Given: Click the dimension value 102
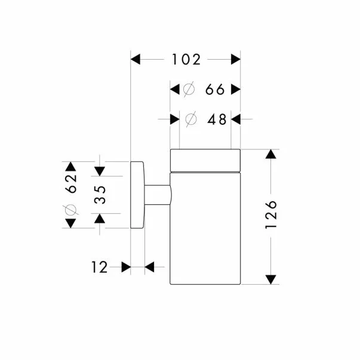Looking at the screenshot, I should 185,59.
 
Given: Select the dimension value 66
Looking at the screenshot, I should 214,90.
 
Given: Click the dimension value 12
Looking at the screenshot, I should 100,267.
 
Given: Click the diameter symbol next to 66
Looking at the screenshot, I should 189,90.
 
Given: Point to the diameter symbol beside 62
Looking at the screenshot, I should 70,210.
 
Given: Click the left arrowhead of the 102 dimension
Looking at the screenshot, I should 136,59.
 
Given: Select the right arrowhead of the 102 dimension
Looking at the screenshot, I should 236,59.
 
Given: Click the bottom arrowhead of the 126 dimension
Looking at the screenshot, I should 271,279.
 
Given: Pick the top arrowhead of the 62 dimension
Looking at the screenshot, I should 70,167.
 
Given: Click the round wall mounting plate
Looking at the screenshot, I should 137,195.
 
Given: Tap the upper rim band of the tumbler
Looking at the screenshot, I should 205,159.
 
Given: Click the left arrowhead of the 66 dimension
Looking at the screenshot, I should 176,90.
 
